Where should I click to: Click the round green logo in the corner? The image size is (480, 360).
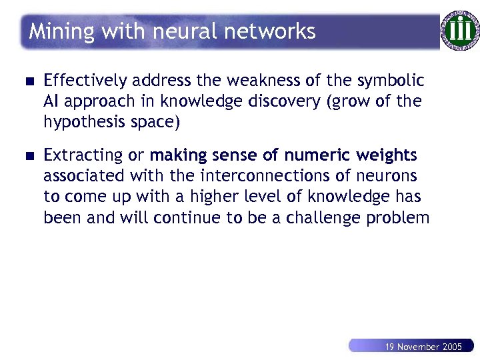459,31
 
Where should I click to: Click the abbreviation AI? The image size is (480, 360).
51,101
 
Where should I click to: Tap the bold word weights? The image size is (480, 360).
387,156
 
